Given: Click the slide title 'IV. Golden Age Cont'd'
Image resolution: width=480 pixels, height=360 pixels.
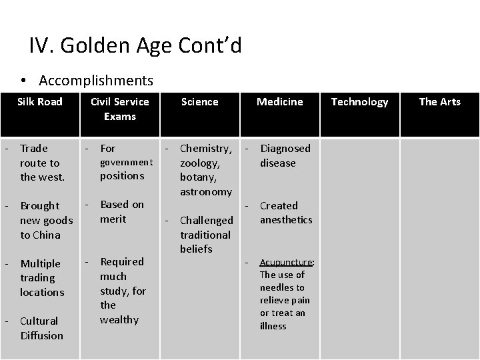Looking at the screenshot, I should [135, 46].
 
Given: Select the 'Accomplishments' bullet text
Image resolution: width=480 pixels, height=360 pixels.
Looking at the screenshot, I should [96, 81].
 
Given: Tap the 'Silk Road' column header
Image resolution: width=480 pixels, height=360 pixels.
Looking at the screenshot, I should [40, 101].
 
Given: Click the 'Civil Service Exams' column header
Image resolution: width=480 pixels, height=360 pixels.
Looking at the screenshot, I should [119, 109].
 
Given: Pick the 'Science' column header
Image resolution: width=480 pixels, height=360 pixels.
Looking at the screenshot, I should [199, 101].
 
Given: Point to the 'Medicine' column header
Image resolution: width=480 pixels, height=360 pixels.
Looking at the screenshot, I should [280, 101].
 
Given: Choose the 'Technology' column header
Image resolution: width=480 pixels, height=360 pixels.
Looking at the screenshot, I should [359, 101].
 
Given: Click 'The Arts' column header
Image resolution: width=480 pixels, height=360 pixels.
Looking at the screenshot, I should [439, 101].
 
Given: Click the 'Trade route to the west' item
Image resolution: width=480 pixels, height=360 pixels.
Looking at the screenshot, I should [41, 163].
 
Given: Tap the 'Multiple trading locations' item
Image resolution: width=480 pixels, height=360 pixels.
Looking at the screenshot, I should [41, 278].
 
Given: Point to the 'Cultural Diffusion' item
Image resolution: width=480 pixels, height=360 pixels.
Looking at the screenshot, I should [41, 328].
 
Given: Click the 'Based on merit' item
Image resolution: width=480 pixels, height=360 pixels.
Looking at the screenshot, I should [121, 211].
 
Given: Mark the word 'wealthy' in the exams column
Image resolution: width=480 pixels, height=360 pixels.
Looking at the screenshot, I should [119, 320].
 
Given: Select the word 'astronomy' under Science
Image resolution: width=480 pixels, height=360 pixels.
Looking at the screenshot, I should [206, 192].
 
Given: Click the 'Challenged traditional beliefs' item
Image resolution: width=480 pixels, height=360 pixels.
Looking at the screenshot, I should [206, 235].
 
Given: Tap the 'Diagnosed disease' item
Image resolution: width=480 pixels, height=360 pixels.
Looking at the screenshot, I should [285, 155].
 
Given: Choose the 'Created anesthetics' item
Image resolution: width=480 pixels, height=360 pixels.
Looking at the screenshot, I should [285, 213].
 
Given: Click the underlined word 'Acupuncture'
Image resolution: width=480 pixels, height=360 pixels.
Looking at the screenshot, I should [287, 262].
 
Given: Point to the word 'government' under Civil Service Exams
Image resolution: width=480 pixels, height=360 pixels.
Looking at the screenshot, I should [126, 162].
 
